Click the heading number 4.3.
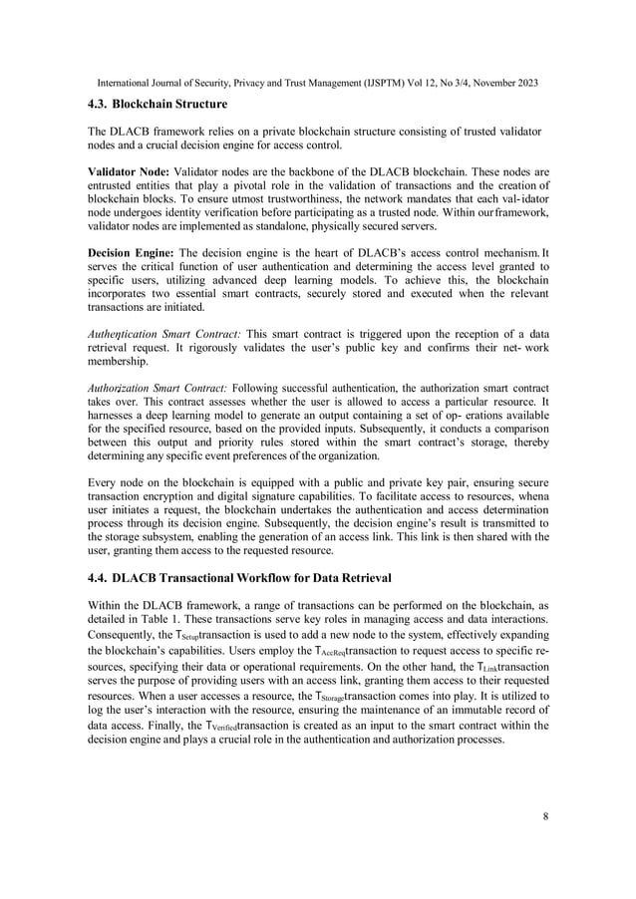pyautogui.click(x=98, y=104)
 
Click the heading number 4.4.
pyautogui.click(x=98, y=577)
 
